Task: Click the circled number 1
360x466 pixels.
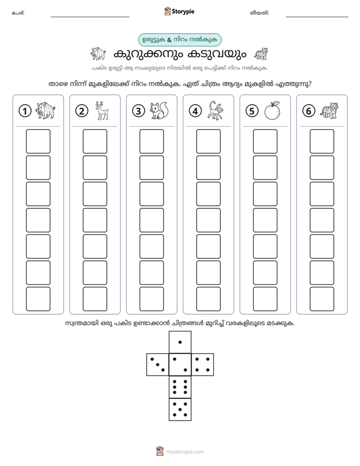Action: [x=25, y=111]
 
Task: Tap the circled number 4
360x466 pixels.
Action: [x=195, y=111]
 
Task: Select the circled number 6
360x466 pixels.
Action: [x=309, y=111]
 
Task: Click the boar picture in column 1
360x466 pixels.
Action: [x=45, y=110]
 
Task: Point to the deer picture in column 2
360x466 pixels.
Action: [x=101, y=110]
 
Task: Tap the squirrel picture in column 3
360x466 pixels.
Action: [x=159, y=110]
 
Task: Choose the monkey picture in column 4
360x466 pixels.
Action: [x=216, y=110]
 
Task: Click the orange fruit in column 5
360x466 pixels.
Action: [x=272, y=111]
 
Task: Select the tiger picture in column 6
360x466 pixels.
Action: [x=329, y=110]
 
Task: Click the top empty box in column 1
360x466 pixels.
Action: [x=38, y=141]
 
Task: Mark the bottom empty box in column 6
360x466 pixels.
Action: [x=322, y=299]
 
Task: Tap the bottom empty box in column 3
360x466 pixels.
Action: [x=151, y=299]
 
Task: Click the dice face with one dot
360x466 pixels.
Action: [x=180, y=342]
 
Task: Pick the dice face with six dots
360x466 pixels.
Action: [x=180, y=387]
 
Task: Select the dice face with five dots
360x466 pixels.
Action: [x=180, y=409]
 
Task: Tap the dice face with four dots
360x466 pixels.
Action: [x=203, y=365]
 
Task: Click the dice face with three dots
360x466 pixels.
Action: [x=157, y=365]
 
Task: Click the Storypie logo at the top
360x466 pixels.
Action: [x=179, y=12]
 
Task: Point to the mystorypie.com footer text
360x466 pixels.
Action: [x=185, y=452]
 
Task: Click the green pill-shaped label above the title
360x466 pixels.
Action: [x=179, y=40]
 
